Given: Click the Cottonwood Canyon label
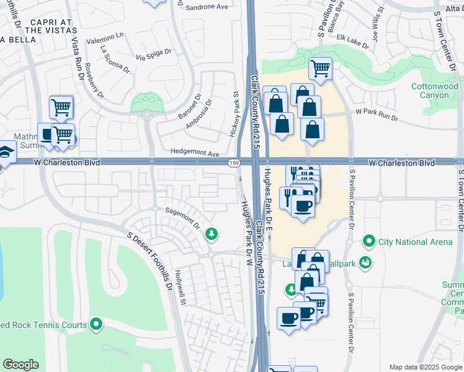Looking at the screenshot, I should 434,91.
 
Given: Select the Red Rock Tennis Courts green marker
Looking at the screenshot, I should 96,324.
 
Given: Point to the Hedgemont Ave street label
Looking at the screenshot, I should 195,154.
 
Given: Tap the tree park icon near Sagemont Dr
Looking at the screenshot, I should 212,233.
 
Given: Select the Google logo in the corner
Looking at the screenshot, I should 20,365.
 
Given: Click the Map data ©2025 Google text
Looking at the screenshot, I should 425,367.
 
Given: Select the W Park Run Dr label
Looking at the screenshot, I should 376,112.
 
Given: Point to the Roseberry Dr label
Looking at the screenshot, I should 95,81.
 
